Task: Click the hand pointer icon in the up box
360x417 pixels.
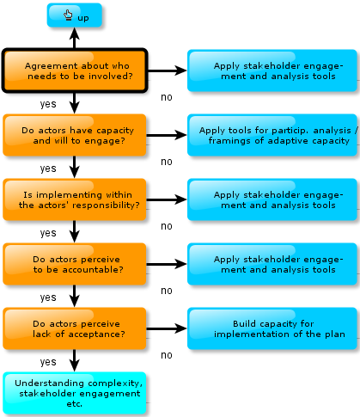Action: click(68, 15)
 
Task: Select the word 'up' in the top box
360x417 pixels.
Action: click(83, 18)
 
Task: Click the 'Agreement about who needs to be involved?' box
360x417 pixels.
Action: click(75, 71)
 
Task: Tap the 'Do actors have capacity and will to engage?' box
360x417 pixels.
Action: click(75, 135)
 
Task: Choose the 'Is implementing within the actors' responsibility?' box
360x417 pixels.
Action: click(75, 199)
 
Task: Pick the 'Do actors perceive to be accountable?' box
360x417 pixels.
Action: click(75, 264)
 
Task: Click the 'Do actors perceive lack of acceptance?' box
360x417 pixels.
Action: click(75, 328)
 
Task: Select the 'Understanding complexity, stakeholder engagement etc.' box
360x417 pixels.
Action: click(75, 393)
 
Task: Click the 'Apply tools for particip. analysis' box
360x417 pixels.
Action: click(272, 135)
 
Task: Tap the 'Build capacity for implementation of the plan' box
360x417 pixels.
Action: click(272, 328)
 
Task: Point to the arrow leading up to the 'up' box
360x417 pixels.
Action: click(75, 38)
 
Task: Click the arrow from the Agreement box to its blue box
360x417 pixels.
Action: click(168, 71)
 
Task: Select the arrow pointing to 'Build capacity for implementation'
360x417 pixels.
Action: click(167, 328)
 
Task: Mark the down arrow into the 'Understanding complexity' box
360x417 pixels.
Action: click(75, 360)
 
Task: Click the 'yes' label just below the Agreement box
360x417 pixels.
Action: click(48, 104)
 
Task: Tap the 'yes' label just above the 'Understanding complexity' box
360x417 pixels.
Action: click(48, 362)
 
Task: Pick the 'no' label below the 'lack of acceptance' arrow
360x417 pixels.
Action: click(167, 355)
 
